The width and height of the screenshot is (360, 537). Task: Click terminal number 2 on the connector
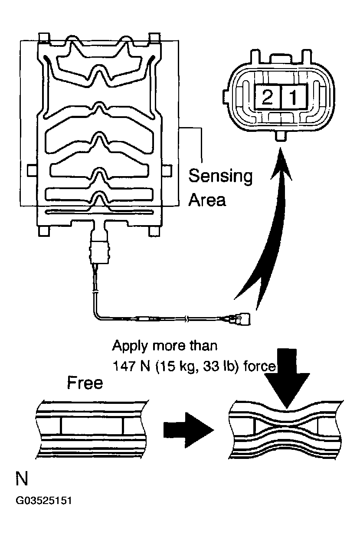[x=267, y=98]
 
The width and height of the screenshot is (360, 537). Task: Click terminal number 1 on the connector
[x=294, y=98]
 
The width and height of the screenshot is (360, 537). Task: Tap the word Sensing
[x=220, y=177]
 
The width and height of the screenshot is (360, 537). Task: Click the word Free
[x=85, y=383]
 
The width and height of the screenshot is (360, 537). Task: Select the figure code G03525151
[x=44, y=501]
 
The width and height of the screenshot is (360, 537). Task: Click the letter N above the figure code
[x=22, y=480]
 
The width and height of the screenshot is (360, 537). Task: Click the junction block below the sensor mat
[x=100, y=251]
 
